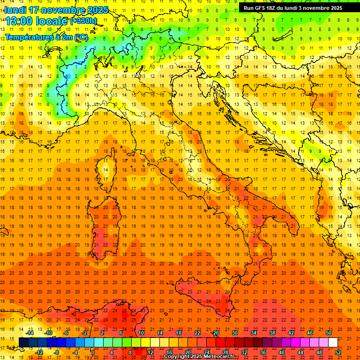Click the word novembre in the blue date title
click(x=64, y=10)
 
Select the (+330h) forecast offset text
click(x=83, y=21)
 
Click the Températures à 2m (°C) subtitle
click(x=46, y=37)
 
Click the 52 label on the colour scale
click(x=338, y=352)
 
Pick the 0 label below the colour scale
click(x=93, y=352)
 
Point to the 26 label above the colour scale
click(x=216, y=333)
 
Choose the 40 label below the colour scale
click(x=282, y=352)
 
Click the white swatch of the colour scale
click(x=333, y=343)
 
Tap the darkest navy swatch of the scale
click(x=23, y=343)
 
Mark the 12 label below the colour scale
click(x=150, y=352)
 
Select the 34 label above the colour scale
click(x=254, y=333)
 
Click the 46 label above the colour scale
click(x=310, y=333)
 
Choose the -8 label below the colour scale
click(x=56, y=352)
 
